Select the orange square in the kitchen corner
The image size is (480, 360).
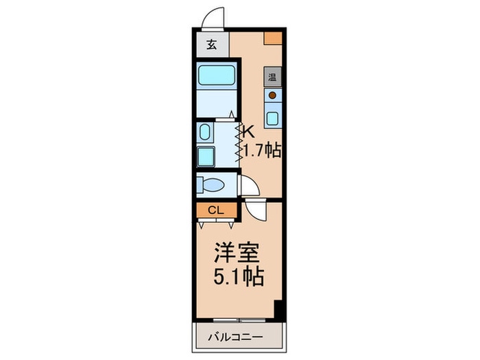click(x=274, y=38)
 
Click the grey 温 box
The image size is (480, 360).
click(x=272, y=77)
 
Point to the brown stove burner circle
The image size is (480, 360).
click(x=272, y=96)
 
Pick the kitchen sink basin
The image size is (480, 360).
click(x=272, y=117)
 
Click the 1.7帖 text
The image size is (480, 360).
click(x=263, y=150)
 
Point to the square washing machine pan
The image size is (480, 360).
click(x=205, y=156)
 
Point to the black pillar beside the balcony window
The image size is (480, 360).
click(x=278, y=310)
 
